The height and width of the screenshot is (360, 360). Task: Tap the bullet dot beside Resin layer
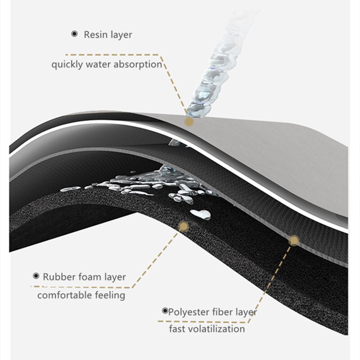[74, 34]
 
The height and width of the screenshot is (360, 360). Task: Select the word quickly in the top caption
[67, 65]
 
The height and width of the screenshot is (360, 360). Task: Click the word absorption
[138, 64]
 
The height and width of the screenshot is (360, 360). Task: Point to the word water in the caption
[98, 64]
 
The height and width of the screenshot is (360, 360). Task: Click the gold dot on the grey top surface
[189, 121]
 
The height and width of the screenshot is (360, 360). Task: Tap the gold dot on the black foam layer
[184, 227]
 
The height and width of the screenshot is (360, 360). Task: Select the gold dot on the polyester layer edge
[294, 240]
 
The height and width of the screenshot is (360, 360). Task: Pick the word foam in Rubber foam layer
[88, 277]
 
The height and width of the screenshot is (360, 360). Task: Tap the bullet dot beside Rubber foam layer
[36, 276]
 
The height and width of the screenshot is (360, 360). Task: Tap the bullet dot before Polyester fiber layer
[165, 311]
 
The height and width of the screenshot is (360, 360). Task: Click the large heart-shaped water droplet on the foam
[201, 215]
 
